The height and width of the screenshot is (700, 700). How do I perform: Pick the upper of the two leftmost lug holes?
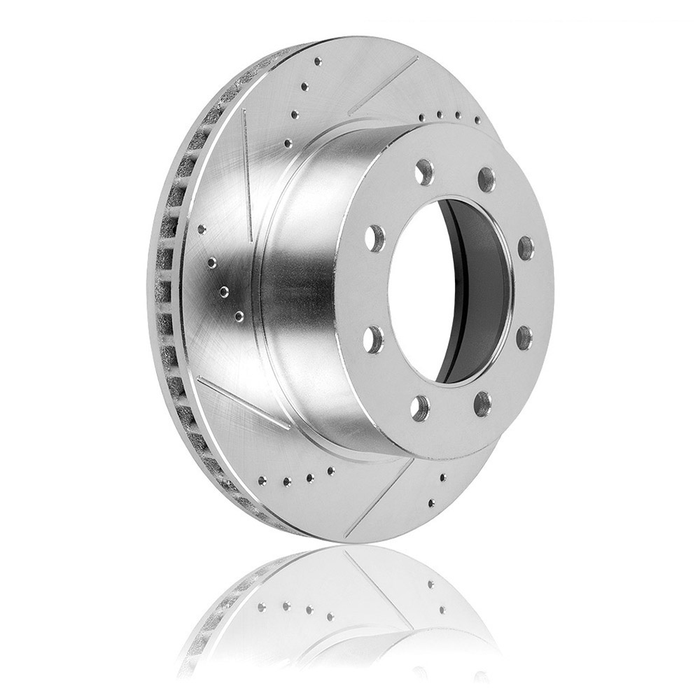pos(376,239)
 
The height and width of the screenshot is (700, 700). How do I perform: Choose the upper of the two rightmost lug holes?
pos(526,248)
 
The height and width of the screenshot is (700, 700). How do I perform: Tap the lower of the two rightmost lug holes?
pos(524,338)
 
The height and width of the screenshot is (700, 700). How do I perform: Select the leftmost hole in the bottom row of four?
pos(262,481)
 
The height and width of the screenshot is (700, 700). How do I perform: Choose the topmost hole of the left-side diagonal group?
pos(202,228)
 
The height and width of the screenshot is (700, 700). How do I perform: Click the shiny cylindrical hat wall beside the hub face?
pos(308,280)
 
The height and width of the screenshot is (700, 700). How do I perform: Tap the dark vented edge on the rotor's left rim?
pos(164,280)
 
